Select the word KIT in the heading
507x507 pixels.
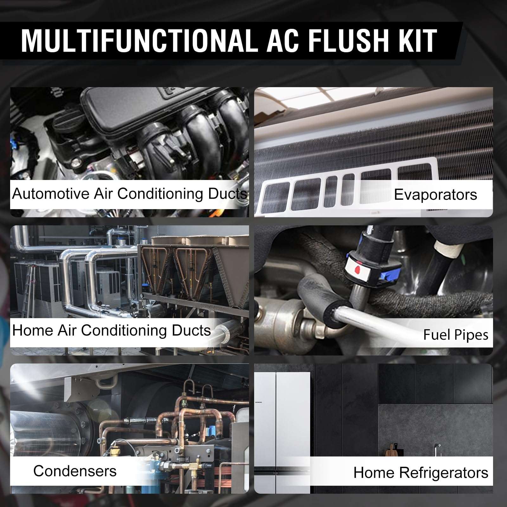417,41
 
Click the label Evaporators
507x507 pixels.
435,195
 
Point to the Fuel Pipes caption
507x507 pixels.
455,335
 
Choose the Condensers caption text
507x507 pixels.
75,471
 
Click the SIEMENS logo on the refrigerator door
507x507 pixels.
259,402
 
